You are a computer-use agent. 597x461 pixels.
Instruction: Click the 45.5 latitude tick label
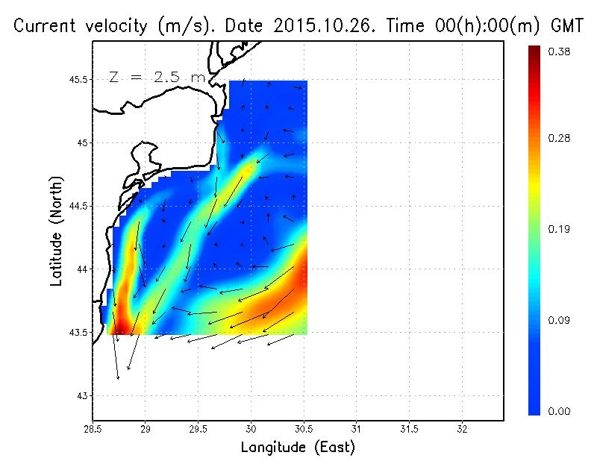78,79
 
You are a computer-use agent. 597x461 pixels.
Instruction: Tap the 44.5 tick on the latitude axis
78,206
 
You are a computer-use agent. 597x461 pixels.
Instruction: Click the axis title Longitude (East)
298,448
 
